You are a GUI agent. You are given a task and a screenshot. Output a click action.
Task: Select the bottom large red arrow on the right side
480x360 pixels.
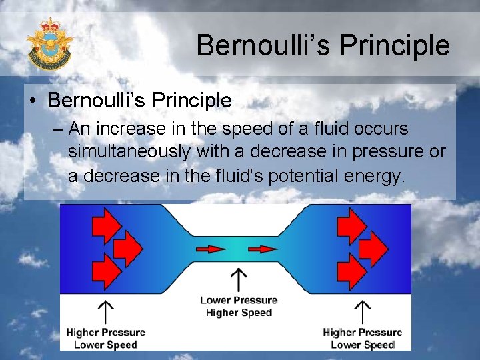[353, 271]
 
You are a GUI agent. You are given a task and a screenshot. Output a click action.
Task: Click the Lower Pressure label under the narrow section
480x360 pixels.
[238, 301]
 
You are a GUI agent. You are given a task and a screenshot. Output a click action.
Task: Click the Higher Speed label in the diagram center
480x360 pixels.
[239, 313]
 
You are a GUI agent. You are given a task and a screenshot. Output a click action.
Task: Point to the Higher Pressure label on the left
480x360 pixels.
[105, 332]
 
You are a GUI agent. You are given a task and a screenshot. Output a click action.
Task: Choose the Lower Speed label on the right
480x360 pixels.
[363, 345]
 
